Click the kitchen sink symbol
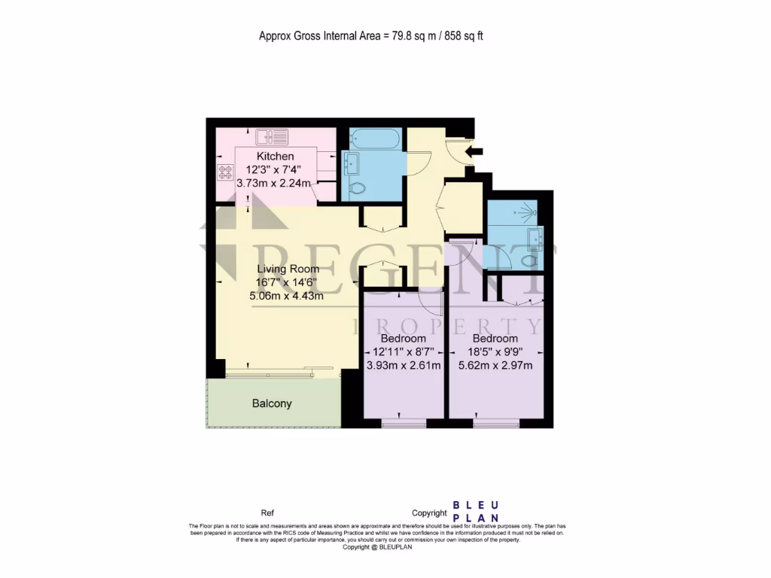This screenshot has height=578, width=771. (x=272, y=137)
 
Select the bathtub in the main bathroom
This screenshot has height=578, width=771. (x=369, y=138)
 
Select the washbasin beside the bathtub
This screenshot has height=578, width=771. (x=351, y=163)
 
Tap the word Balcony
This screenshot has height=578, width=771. (x=271, y=403)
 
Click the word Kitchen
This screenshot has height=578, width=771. (x=254, y=156)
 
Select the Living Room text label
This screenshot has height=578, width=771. (x=288, y=269)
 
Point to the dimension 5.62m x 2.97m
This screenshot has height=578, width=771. (x=495, y=366)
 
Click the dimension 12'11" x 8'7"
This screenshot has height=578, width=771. (x=403, y=352)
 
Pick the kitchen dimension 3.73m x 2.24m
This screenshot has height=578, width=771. (x=274, y=182)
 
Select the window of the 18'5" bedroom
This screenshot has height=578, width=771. (x=495, y=424)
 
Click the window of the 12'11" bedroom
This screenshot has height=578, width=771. (x=404, y=424)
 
